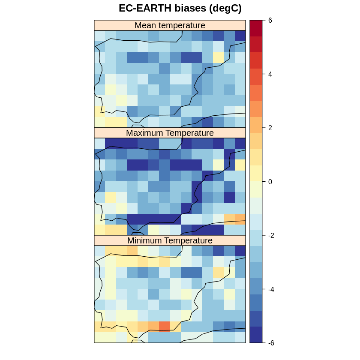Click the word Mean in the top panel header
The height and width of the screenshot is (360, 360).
tap(144, 25)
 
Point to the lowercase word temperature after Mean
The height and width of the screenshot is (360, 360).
tap(180, 25)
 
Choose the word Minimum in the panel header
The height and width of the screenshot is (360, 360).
tap(145, 240)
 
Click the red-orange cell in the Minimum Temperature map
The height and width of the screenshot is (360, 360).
tap(164, 327)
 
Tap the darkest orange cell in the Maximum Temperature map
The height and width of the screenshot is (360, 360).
tap(240, 219)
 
